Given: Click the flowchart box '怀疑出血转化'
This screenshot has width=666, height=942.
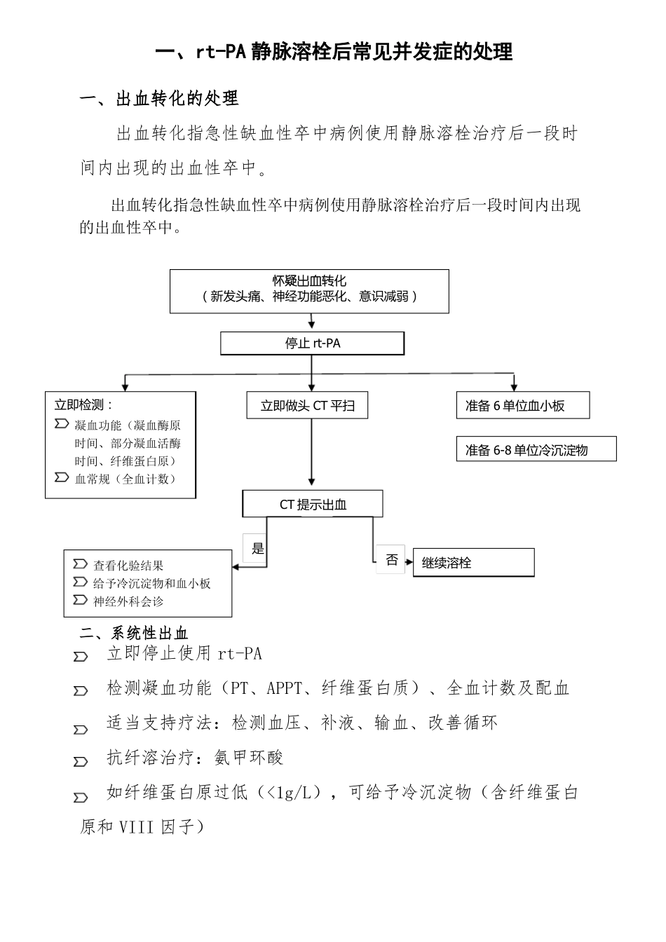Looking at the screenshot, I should (309, 290).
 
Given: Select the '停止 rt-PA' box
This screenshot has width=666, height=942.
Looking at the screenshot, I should (312, 343).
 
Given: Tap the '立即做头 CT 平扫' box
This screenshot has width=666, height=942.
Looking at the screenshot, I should (307, 405).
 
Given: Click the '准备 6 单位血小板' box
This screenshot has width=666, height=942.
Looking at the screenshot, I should (522, 405).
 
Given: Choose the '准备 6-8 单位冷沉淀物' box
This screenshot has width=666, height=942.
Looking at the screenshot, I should (536, 449).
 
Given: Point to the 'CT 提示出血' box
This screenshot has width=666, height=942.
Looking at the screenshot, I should (313, 504).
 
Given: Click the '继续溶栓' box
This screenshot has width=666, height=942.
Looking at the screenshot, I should (473, 562).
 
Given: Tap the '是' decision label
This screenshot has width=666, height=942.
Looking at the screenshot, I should (257, 548).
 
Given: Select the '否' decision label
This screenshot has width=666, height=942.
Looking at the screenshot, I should (391, 559).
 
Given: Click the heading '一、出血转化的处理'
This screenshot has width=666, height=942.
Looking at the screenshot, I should (160, 99).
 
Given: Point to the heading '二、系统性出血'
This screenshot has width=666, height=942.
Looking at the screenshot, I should (134, 634).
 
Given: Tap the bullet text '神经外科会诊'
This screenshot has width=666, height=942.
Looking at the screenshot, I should (128, 601).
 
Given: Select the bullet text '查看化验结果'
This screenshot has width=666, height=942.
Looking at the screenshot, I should (128, 566).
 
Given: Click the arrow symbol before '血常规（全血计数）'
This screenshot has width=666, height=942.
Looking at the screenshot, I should (61, 478).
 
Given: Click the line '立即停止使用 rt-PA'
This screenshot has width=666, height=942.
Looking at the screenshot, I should (184, 653).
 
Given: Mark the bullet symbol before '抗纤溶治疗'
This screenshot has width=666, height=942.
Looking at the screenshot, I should (81, 761).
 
